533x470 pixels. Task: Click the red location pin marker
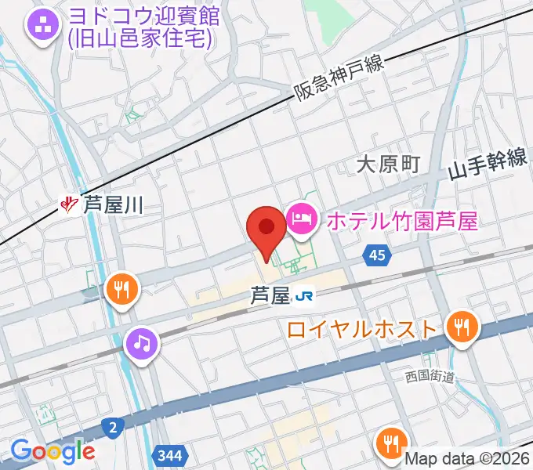coord(266,230)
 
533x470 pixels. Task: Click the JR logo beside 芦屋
coord(304,296)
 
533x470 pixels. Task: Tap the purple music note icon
coord(141,342)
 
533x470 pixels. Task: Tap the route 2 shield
coord(113,427)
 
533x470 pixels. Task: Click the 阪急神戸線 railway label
coord(339,81)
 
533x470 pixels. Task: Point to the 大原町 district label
coord(388,164)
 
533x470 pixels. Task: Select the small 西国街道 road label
coord(430,377)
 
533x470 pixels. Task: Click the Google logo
coord(53,451)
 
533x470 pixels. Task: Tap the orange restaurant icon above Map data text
coord(390,443)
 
